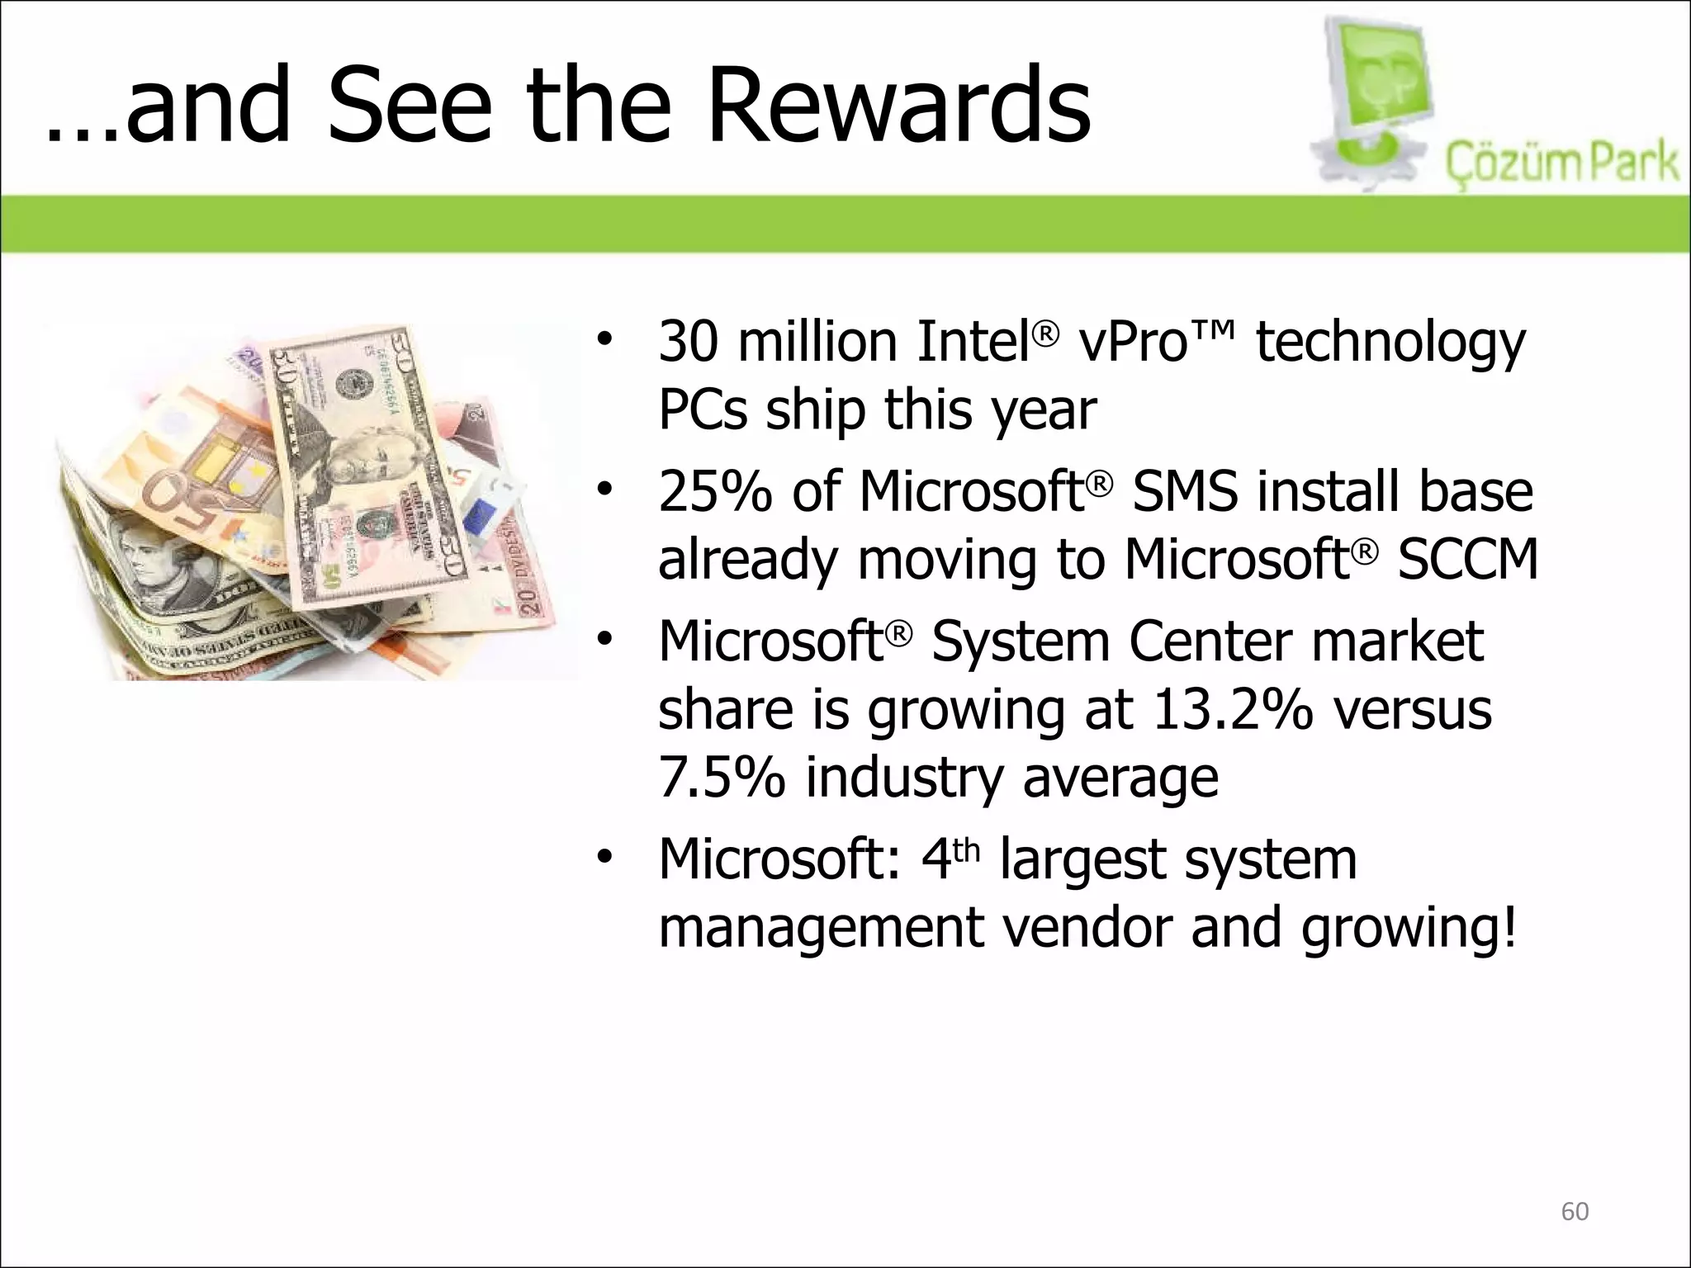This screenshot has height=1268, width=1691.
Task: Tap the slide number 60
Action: (x=1575, y=1211)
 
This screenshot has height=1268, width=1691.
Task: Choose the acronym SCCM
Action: (x=1468, y=561)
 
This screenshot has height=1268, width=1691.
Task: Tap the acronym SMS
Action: (x=1184, y=492)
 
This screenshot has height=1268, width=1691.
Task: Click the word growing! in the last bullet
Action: (x=1409, y=928)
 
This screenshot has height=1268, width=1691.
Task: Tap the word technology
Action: (x=1390, y=343)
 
